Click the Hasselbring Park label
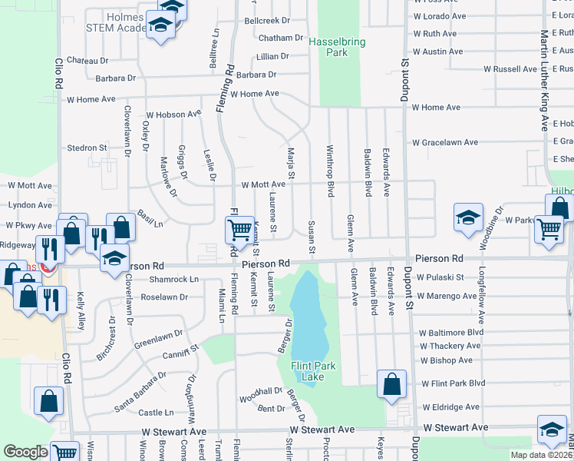pos(338,48)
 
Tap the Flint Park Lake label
pos(313,371)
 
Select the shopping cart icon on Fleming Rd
pos(239,229)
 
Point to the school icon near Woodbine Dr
pos(467,217)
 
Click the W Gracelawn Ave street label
pos(444,142)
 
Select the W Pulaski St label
pos(440,277)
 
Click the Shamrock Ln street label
pos(173,279)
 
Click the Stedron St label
pos(87,148)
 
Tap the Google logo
pos(25,452)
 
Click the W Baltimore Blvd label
pos(451,333)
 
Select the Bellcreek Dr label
pos(267,21)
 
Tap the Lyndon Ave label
pos(29,205)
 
